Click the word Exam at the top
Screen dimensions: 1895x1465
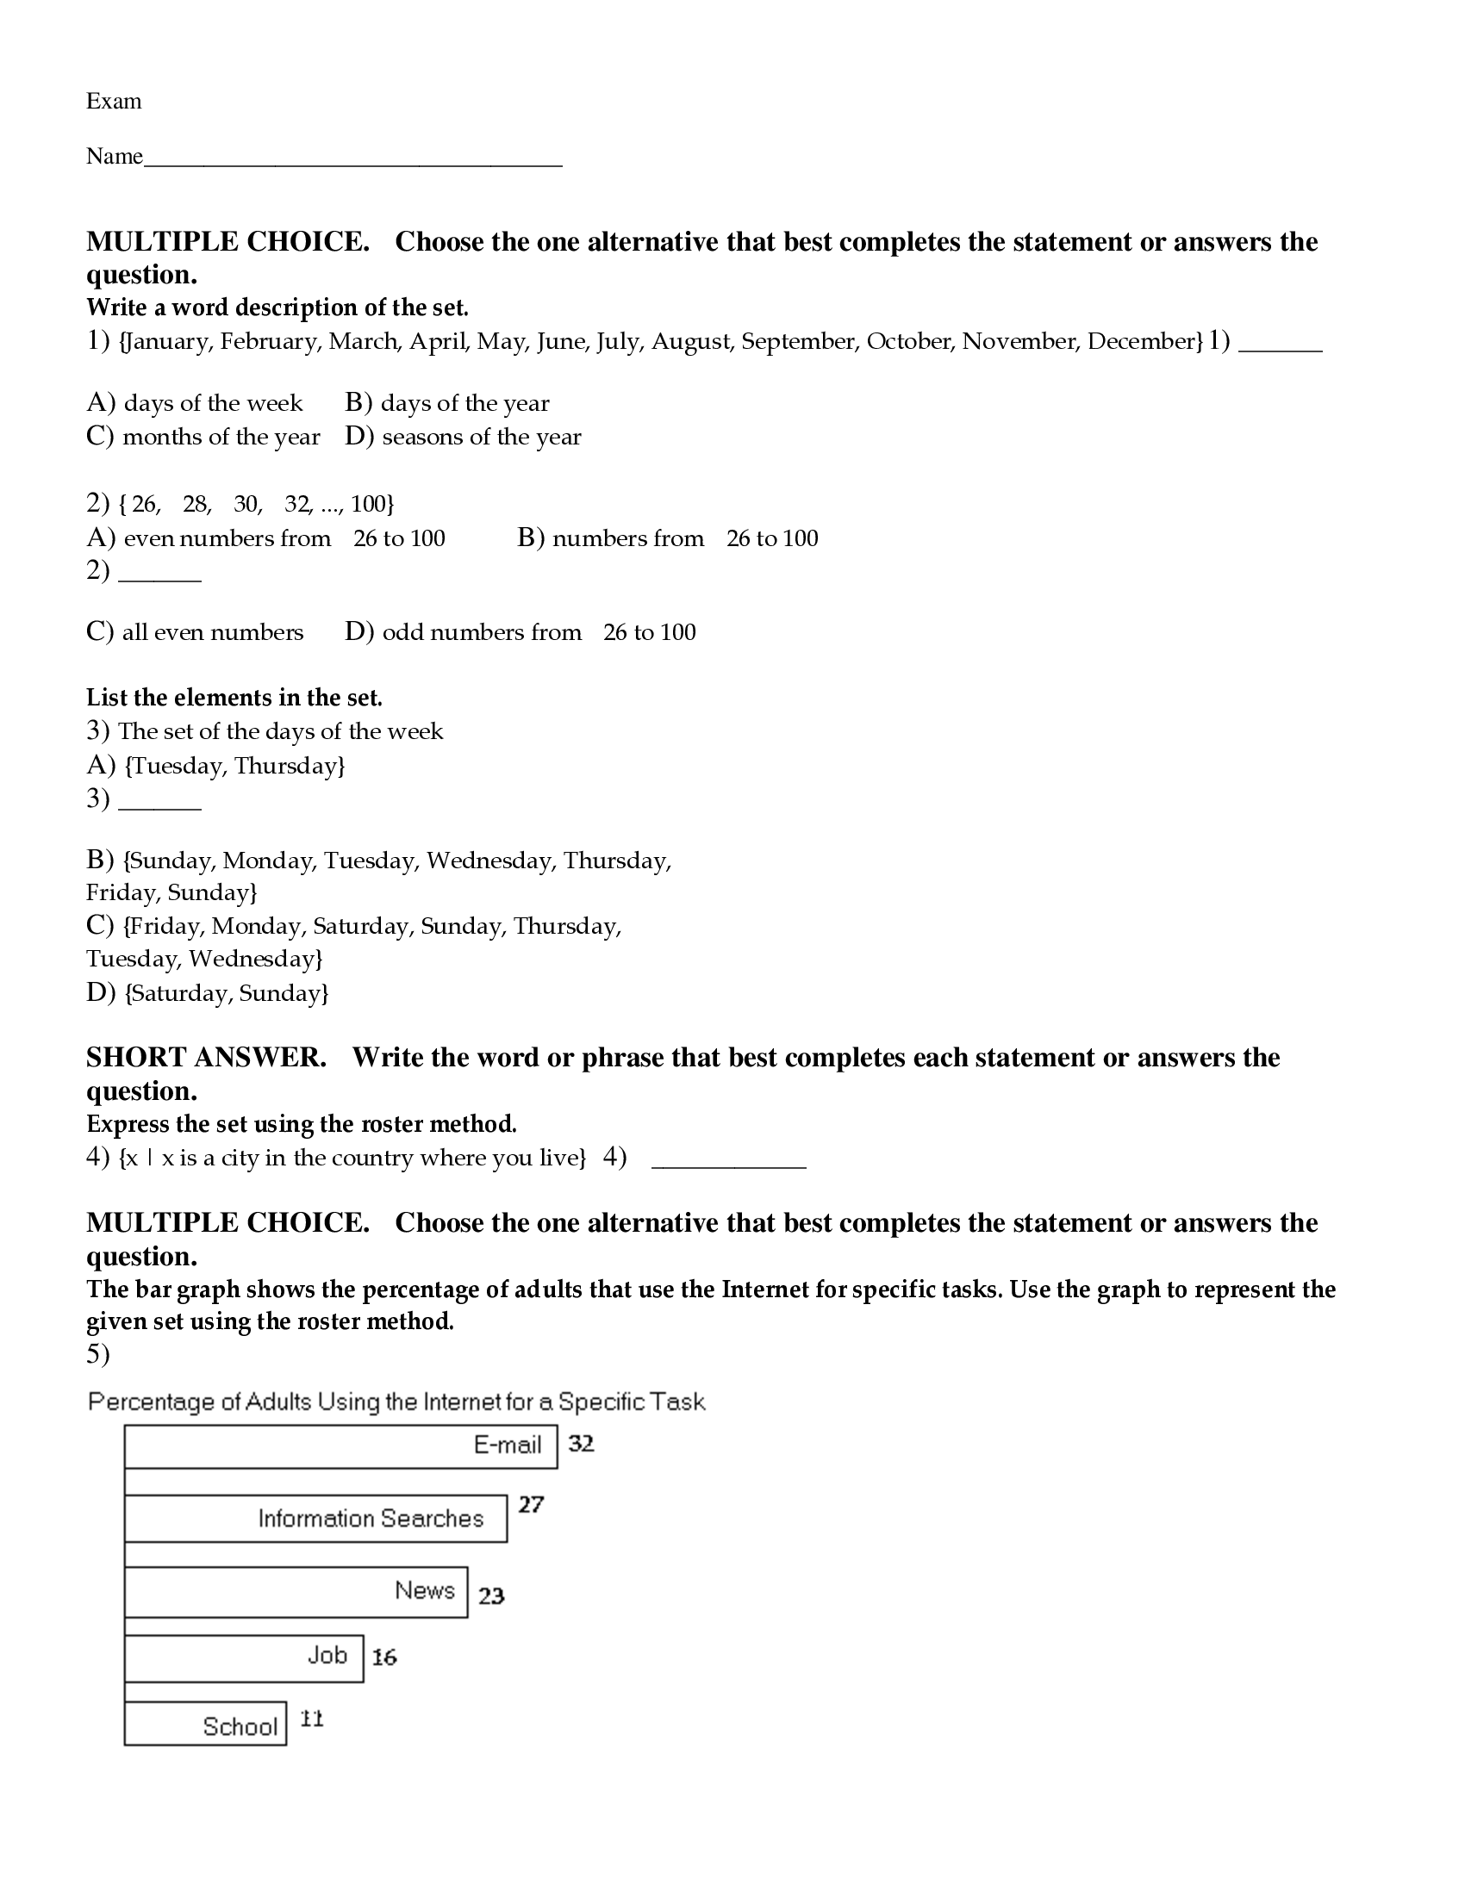[114, 102]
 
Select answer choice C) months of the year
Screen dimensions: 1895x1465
[204, 437]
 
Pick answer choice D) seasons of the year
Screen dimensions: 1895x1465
[463, 437]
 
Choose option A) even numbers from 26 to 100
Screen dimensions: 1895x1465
[265, 538]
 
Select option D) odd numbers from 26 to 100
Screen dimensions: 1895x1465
[520, 631]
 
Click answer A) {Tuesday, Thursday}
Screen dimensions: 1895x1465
[216, 765]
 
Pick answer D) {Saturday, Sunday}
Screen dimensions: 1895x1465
[208, 992]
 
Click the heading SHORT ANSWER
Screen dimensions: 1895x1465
[207, 1058]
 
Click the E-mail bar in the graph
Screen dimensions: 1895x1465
[340, 1445]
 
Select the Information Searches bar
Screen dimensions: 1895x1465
[316, 1519]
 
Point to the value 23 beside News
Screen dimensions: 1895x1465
[491, 1595]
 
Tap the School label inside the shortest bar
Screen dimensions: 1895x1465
[240, 1726]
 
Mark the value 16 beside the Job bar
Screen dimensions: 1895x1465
[384, 1657]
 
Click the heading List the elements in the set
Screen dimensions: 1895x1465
[234, 698]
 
